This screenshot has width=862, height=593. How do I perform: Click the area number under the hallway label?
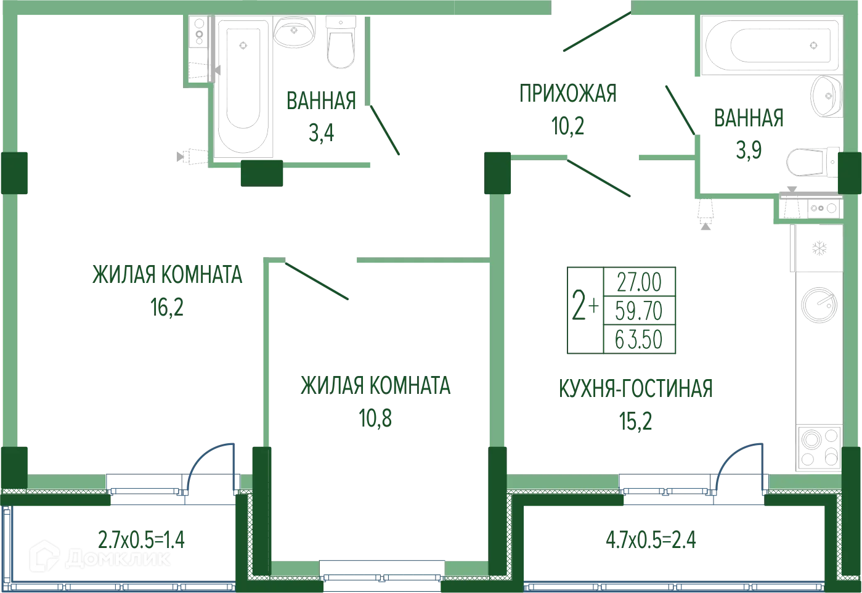coord(566,126)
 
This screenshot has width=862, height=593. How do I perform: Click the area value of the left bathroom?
coord(320,133)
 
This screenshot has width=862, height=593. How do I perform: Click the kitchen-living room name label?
coord(635,388)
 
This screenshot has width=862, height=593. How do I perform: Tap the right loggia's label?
coord(653,541)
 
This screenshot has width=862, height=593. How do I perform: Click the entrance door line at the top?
coord(596,32)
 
